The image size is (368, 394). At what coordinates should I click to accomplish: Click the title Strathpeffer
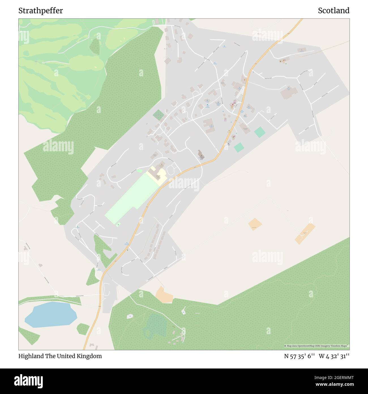tap(40, 11)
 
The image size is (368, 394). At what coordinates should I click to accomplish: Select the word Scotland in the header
tap(333, 11)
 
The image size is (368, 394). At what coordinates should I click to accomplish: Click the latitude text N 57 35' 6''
tap(299, 356)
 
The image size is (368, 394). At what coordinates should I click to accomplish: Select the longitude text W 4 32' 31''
tap(334, 356)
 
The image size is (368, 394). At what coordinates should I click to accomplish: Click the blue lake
tap(51, 314)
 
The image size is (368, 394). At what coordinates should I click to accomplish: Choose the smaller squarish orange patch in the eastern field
tap(255, 224)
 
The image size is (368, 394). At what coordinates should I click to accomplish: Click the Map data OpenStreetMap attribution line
tap(316, 346)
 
